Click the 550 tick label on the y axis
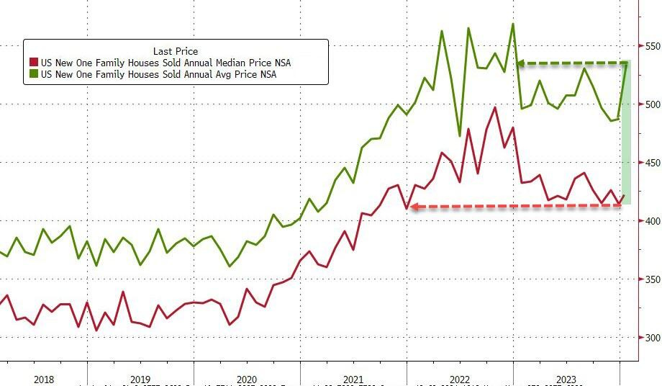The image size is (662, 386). coord(651,46)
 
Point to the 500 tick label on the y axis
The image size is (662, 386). coord(651,104)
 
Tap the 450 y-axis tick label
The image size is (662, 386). coord(651,163)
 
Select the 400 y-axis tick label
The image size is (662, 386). coord(651,221)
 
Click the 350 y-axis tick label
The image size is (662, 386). coord(651,279)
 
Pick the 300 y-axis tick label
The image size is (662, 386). coord(651,338)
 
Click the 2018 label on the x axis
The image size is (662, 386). coord(43,380)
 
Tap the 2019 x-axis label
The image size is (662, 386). coord(140,380)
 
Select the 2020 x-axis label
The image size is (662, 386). coord(246,380)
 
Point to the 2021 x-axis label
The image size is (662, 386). coord(353,380)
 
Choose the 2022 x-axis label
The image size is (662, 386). coord(459,380)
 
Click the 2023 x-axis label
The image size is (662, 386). coord(566,380)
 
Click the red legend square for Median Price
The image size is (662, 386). coord(33,63)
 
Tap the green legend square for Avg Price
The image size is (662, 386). coord(33,74)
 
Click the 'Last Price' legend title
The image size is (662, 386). coord(175,50)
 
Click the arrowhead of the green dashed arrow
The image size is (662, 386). coord(520,64)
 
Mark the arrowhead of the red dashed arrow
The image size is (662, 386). coord(412,207)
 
